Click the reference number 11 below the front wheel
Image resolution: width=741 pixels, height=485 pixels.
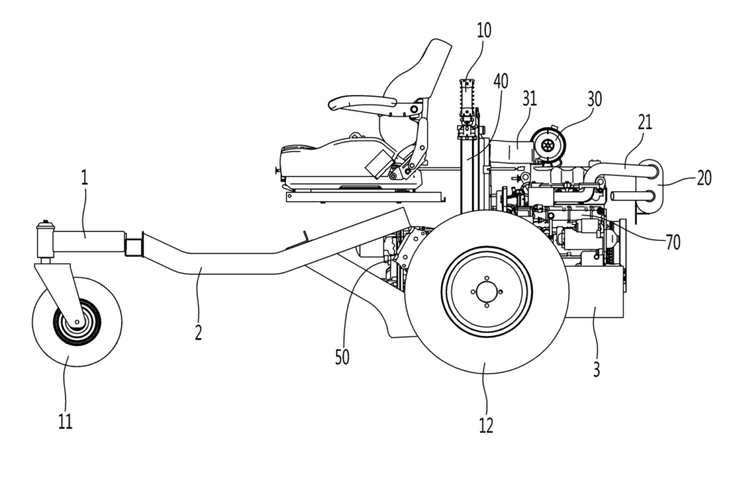coord(65,421)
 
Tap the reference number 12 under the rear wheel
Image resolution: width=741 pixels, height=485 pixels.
coord(486,426)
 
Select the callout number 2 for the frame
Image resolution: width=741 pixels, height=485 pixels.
coord(198,332)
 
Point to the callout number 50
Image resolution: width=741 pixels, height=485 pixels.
coord(342,358)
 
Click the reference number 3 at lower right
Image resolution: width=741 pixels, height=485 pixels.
coord(596,369)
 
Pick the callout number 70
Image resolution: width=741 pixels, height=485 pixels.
coord(672,242)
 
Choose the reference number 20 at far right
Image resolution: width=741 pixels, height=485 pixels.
coord(703,178)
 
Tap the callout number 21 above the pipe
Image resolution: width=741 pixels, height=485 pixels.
coord(645,122)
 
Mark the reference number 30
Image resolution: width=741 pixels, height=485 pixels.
coord(595,99)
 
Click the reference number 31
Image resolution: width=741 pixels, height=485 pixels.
coord(530,98)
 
